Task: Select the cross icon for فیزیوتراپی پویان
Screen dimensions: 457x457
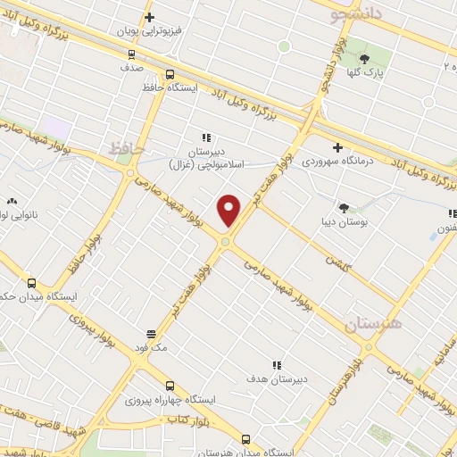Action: (149, 17)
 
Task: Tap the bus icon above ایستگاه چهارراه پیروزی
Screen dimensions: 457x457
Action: (170, 385)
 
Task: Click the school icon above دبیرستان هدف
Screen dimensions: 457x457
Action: (277, 365)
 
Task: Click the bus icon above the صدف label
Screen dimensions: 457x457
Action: (131, 53)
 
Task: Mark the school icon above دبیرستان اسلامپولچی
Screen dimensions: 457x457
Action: (206, 137)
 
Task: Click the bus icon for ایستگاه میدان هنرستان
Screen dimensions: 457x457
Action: (246, 439)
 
